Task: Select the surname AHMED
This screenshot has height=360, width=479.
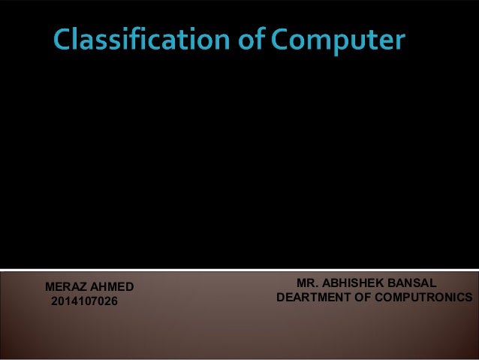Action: [113, 287]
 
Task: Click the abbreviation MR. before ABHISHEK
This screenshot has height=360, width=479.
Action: [308, 284]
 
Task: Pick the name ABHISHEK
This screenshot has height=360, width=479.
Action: [356, 284]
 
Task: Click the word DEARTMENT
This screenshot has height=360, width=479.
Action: [315, 298]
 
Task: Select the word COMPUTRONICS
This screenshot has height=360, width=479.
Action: [426, 298]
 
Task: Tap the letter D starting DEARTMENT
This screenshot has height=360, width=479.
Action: [282, 298]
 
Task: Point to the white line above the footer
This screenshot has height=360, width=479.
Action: [239, 268]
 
